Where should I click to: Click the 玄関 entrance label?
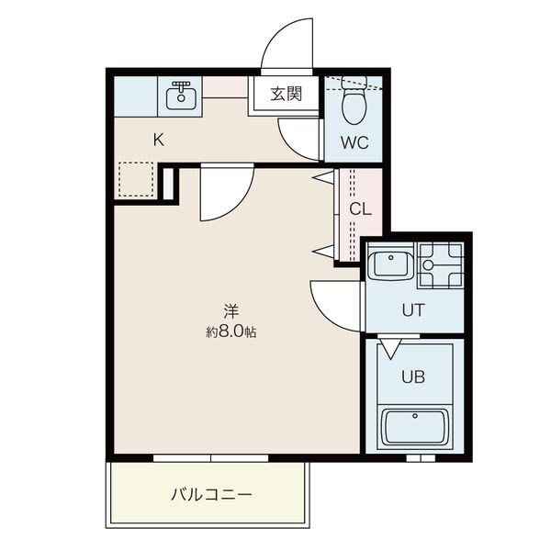pos(286,94)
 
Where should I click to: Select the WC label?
pos(354,142)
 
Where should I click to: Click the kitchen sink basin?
pos(181,98)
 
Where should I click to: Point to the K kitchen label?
pos(159,141)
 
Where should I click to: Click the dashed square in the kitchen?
pos(136,179)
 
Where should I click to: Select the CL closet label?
pos(360,209)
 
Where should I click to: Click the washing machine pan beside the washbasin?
pos(441,265)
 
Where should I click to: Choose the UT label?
pos(413,310)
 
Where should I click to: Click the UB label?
pos(413,377)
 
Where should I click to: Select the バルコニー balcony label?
pos(211,495)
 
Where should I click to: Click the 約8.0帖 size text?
pos(231,332)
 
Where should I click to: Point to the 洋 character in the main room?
pos(231,311)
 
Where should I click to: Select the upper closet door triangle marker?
pos(323,177)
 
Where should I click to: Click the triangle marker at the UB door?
pos(390,349)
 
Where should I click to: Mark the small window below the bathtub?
pos(421,458)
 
